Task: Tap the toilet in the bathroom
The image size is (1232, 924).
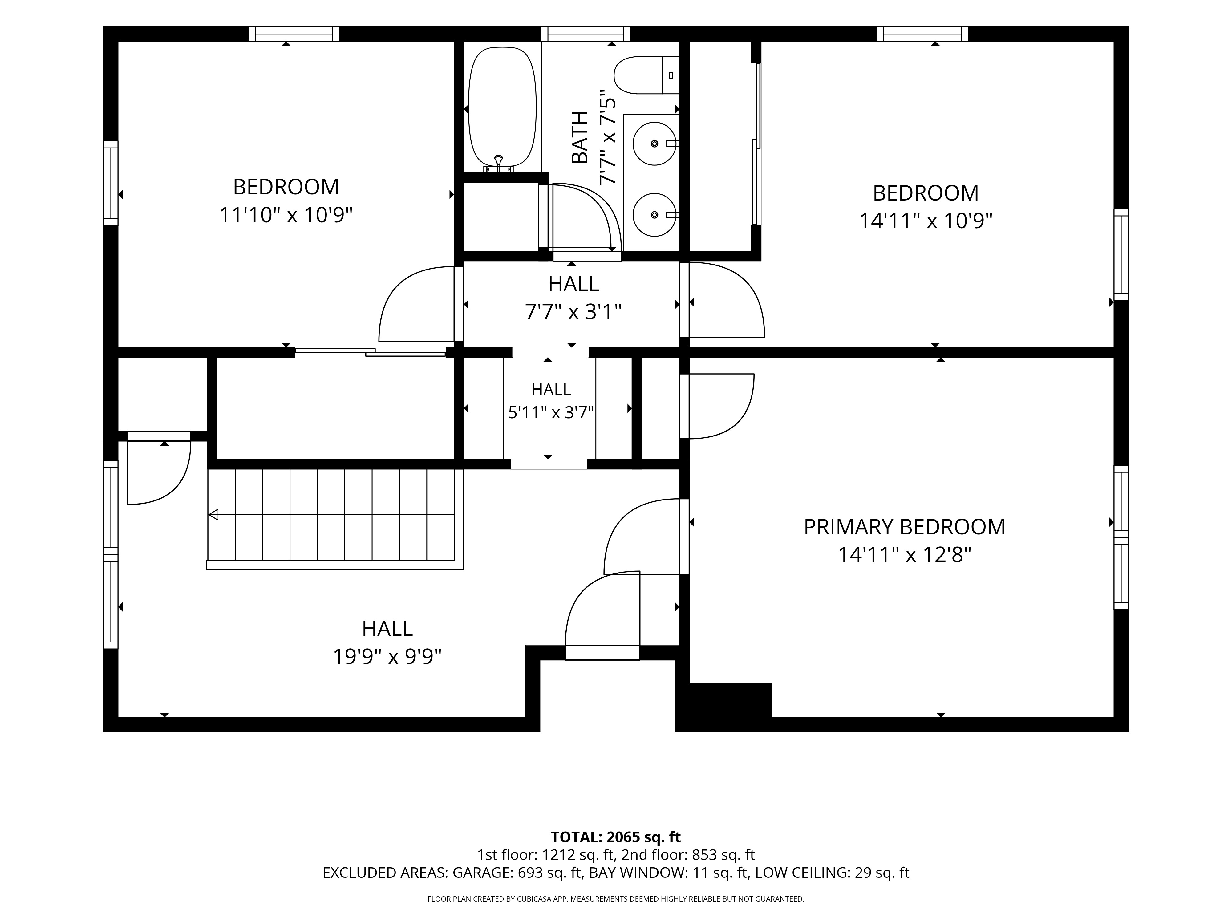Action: click(646, 75)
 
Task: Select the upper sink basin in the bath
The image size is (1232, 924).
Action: click(654, 144)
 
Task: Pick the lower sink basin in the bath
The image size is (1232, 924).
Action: click(654, 214)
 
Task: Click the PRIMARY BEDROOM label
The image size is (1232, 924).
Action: click(905, 527)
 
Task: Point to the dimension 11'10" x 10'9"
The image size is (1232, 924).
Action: click(286, 215)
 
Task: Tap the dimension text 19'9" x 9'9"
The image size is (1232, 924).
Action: click(387, 657)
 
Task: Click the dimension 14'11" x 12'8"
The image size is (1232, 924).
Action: click(905, 555)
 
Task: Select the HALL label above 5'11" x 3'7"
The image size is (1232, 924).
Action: click(551, 389)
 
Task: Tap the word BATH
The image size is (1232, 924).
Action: click(580, 138)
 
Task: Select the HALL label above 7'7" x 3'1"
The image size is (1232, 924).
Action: click(574, 284)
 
